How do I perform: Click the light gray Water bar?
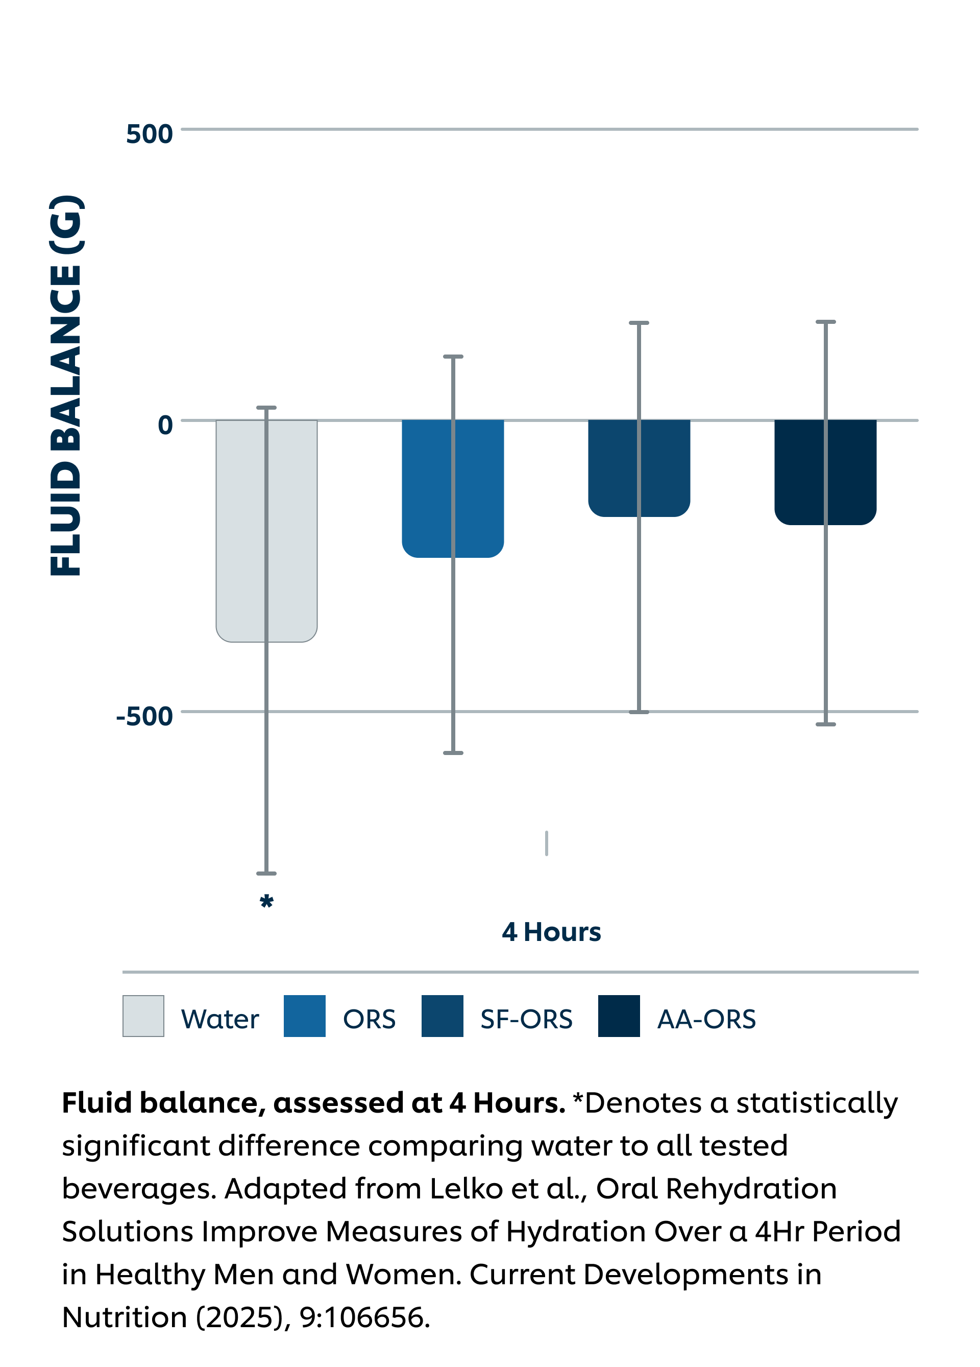pos(241,530)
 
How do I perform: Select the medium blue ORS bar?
pos(428,488)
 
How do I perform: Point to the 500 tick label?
pos(149,134)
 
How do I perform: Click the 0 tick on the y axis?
pos(165,425)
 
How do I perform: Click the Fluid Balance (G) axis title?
pos(66,386)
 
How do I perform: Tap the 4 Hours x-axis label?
pos(551,932)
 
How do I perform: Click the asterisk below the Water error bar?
pos(266,902)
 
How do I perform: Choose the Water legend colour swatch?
pos(143,1016)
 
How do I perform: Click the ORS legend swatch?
pos(304,1016)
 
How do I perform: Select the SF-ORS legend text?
pos(526,1019)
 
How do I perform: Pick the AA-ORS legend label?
pos(706,1019)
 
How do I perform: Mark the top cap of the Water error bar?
pos(266,408)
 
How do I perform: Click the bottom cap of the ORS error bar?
pos(453,753)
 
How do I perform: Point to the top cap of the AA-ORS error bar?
pos(826,322)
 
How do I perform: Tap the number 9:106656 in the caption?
pos(364,1317)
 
